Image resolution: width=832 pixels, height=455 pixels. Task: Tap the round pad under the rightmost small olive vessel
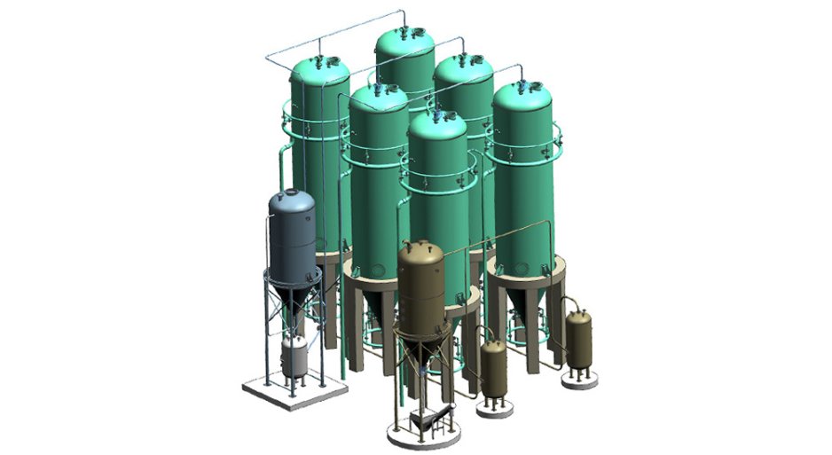click(579, 380)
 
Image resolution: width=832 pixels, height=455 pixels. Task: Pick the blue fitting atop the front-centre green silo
click(436, 111)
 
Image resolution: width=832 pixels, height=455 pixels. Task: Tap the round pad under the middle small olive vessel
click(494, 408)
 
